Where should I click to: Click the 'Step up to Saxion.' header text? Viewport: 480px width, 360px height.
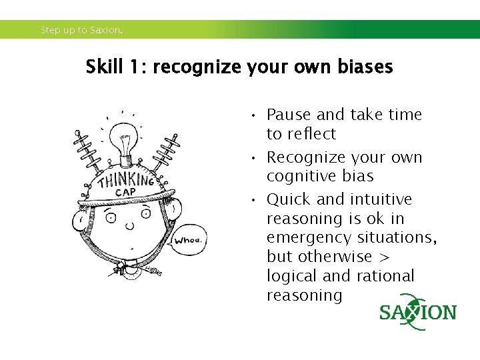(x=81, y=30)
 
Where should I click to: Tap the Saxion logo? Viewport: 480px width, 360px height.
(x=418, y=312)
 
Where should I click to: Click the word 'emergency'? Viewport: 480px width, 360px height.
(x=309, y=238)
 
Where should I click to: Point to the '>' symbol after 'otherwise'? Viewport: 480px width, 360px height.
(x=386, y=257)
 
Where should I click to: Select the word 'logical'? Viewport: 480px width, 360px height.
(x=293, y=276)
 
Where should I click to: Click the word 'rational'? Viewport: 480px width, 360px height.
(x=386, y=276)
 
